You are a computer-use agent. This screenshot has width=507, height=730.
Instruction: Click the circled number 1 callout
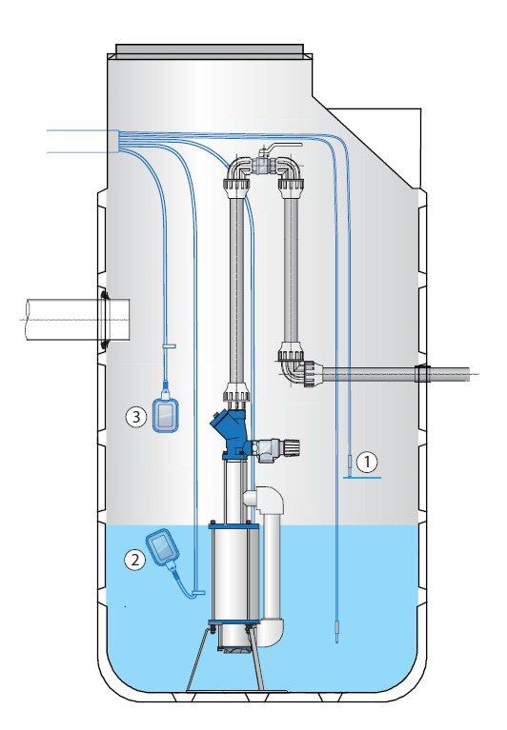[x=367, y=462]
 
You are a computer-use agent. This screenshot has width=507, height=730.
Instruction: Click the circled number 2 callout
[x=134, y=559]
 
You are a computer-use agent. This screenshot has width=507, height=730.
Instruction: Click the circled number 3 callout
[x=136, y=416]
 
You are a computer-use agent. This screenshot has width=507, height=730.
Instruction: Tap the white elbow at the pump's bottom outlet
[x=271, y=631]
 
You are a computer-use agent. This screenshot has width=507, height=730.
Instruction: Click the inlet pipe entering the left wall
[x=75, y=320]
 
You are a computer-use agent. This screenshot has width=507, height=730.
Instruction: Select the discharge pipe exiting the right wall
[x=395, y=374]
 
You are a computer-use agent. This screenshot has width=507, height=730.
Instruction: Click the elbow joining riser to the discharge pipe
[x=298, y=367]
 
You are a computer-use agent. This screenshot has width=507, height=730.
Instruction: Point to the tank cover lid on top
[x=210, y=49]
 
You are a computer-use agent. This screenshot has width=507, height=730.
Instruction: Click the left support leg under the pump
[x=197, y=659]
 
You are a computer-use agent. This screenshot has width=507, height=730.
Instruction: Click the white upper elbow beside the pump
[x=264, y=501]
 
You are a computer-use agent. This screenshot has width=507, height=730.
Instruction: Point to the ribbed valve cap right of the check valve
[x=292, y=448]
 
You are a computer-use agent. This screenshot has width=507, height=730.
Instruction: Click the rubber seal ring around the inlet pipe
[x=103, y=320]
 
